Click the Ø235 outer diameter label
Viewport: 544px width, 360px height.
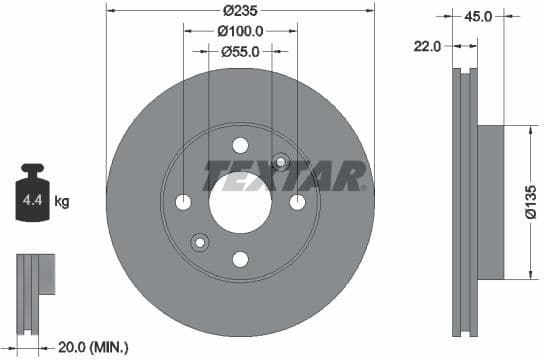(240, 10)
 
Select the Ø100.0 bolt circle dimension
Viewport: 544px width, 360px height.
(240, 31)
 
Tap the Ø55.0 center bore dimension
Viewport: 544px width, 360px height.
(240, 51)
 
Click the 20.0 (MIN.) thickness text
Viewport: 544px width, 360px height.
(94, 346)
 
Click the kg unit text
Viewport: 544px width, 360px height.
(62, 202)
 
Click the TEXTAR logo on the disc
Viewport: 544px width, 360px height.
(284, 176)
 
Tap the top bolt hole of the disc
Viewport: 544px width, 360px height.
(240, 145)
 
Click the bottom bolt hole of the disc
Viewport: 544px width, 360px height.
(240, 259)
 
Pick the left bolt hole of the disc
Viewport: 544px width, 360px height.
(183, 202)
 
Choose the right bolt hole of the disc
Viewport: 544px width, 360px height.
(297, 202)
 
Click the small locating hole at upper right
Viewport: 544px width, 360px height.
(280, 161)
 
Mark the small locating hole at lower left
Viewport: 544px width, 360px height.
(199, 242)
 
